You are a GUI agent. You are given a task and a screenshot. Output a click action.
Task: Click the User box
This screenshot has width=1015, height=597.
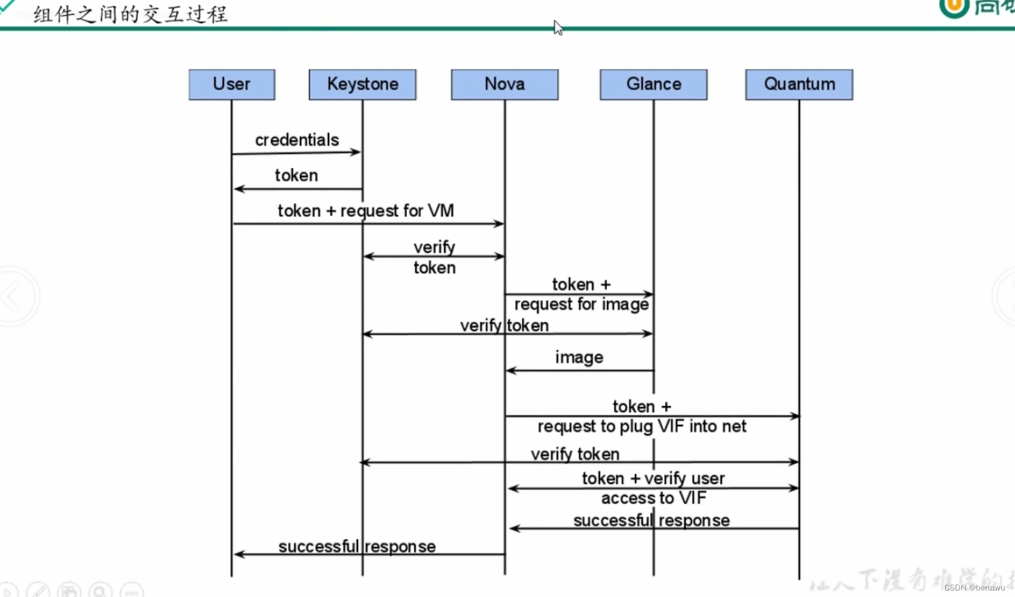tap(232, 84)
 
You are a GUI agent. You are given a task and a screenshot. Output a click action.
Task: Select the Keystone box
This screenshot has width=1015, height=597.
tap(362, 84)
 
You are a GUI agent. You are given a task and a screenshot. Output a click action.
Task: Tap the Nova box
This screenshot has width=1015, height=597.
tap(504, 84)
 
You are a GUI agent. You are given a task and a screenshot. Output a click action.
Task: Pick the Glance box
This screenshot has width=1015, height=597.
tap(653, 84)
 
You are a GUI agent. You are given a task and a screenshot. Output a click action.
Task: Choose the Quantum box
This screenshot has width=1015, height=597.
tap(799, 84)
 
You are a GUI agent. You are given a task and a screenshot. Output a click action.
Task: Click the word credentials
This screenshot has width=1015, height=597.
tap(297, 140)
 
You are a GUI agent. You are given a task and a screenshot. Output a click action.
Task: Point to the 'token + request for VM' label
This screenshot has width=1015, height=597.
tap(366, 211)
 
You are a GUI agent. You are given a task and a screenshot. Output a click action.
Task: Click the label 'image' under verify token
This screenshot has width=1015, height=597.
tap(579, 357)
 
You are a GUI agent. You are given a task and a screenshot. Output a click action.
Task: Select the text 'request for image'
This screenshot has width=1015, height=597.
tap(581, 304)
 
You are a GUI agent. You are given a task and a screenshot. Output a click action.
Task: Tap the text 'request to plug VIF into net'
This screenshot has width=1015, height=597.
tap(641, 427)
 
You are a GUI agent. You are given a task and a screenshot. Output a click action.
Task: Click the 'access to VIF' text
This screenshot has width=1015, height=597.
tap(653, 498)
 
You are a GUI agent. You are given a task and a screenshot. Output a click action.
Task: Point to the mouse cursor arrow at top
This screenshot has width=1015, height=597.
tap(558, 27)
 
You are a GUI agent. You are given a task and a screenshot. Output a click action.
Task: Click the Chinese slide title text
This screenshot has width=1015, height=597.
tap(131, 14)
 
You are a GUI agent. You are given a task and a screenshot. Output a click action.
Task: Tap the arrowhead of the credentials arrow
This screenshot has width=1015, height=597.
tap(357, 152)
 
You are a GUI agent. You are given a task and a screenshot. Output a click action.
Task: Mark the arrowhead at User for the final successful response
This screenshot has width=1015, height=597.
tap(238, 555)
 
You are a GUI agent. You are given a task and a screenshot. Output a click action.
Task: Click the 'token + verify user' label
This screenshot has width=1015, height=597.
tap(653, 479)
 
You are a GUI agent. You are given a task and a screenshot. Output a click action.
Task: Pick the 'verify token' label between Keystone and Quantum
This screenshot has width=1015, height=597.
tap(575, 454)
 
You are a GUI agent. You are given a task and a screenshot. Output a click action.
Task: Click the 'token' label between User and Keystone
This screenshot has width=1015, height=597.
tap(297, 176)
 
